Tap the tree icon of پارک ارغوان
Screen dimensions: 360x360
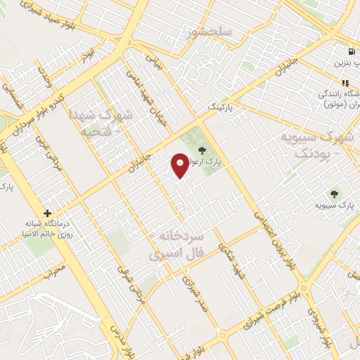[202, 150]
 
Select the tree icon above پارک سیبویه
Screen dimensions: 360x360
[334, 193]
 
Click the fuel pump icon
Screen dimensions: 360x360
[350, 51]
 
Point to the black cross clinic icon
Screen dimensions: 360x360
[47, 213]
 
